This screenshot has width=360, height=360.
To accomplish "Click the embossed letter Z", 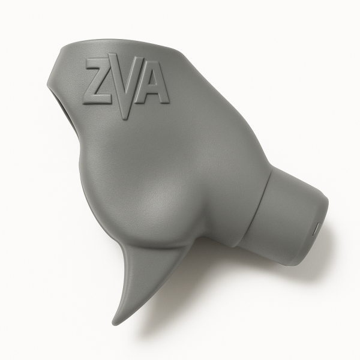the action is click(99, 81).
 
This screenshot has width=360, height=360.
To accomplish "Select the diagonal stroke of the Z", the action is click(99, 81).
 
